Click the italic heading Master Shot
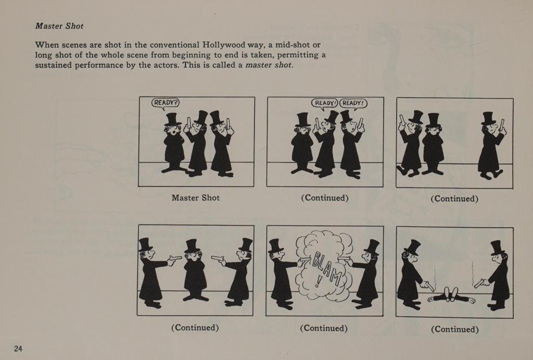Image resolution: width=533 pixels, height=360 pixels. coord(59,26)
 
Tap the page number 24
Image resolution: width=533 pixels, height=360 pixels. coord(18,349)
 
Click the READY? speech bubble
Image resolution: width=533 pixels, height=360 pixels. coord(165,103)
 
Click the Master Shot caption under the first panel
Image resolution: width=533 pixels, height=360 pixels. coord(196,197)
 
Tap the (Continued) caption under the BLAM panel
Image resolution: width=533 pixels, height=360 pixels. coord(324,328)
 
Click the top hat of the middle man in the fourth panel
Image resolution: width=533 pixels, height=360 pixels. coord(192,246)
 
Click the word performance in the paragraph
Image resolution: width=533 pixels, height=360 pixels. coord(98,65)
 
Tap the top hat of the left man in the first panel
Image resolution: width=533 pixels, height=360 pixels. coord(172,119)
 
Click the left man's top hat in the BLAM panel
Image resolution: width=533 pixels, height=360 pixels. coord(275,246)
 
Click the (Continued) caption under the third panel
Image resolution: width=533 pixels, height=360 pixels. coord(454,198)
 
